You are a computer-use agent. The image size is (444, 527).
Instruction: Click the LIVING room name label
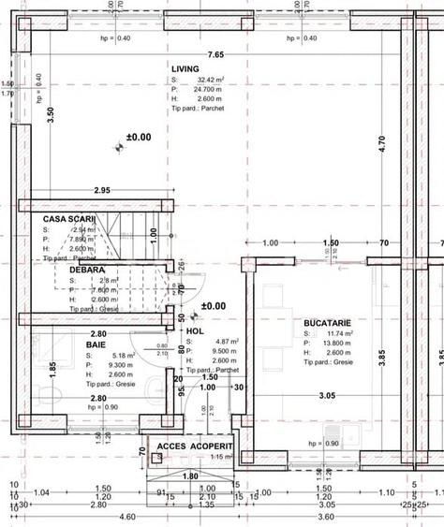[x=185, y=69]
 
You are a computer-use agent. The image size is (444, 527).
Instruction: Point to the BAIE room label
[x=96, y=344]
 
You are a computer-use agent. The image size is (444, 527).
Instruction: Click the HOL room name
[x=194, y=330]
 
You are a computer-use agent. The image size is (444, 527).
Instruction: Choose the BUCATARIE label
[x=328, y=322]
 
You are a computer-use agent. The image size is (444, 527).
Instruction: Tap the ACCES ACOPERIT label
[x=193, y=446]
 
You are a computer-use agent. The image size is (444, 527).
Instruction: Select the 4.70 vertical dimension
[x=381, y=144]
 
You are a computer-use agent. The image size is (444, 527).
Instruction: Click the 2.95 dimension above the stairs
[x=102, y=191]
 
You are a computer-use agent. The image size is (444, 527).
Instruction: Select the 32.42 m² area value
[x=211, y=81]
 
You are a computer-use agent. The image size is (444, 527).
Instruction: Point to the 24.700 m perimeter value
[x=211, y=89]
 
